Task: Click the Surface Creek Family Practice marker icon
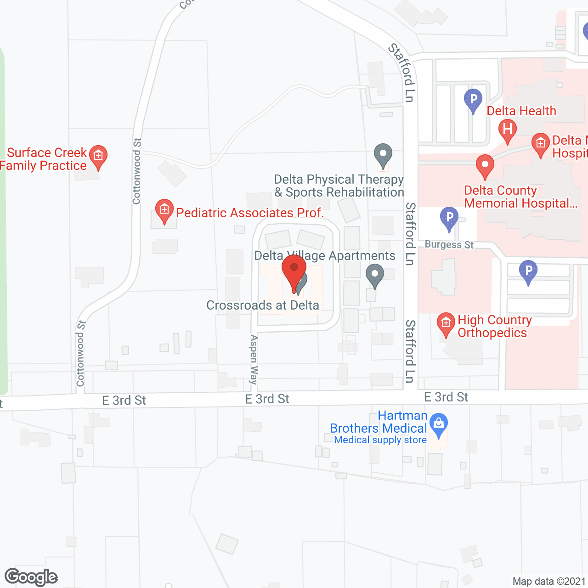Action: click(x=98, y=156)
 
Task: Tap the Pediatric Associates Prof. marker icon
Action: click(x=164, y=210)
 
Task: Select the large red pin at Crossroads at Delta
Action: click(x=294, y=271)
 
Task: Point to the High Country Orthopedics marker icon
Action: click(x=446, y=323)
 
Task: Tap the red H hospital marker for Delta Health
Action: click(x=508, y=130)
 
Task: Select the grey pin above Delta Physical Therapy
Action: click(x=383, y=155)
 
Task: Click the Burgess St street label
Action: click(x=449, y=244)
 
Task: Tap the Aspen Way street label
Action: click(x=253, y=360)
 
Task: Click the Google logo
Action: click(x=31, y=577)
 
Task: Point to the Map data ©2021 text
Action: click(x=549, y=581)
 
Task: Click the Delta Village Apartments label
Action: click(x=325, y=256)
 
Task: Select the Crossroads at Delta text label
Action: click(x=263, y=305)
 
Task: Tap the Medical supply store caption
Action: click(x=380, y=440)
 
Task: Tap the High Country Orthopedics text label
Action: click(x=494, y=326)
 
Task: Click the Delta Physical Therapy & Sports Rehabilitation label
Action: click(x=339, y=186)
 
